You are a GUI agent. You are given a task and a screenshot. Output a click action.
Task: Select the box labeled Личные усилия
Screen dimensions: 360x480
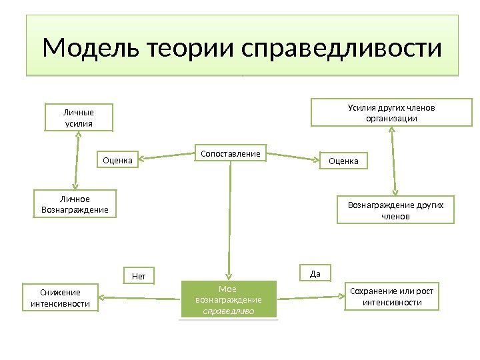[79, 117]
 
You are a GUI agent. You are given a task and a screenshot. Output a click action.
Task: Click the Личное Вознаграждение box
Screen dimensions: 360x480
[74, 204]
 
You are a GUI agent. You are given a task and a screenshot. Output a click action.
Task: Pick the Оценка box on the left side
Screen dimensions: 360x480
[118, 160]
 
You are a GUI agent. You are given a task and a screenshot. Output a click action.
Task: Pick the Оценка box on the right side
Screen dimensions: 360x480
[344, 161]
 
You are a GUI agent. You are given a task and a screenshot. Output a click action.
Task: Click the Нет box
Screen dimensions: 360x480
[139, 275]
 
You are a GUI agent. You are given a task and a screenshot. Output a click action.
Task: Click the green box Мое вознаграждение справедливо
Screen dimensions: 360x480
[228, 299]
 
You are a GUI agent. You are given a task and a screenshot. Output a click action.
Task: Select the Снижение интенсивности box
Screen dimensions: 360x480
[60, 298]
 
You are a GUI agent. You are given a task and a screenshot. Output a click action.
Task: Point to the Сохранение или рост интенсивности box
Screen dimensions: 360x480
[392, 297]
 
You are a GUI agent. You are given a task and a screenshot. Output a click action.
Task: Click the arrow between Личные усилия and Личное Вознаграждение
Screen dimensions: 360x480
[77, 160]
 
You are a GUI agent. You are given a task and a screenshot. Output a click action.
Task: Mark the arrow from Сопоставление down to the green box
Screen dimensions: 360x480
[231, 220]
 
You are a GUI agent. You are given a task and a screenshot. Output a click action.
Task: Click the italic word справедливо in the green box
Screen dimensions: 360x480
[228, 311]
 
